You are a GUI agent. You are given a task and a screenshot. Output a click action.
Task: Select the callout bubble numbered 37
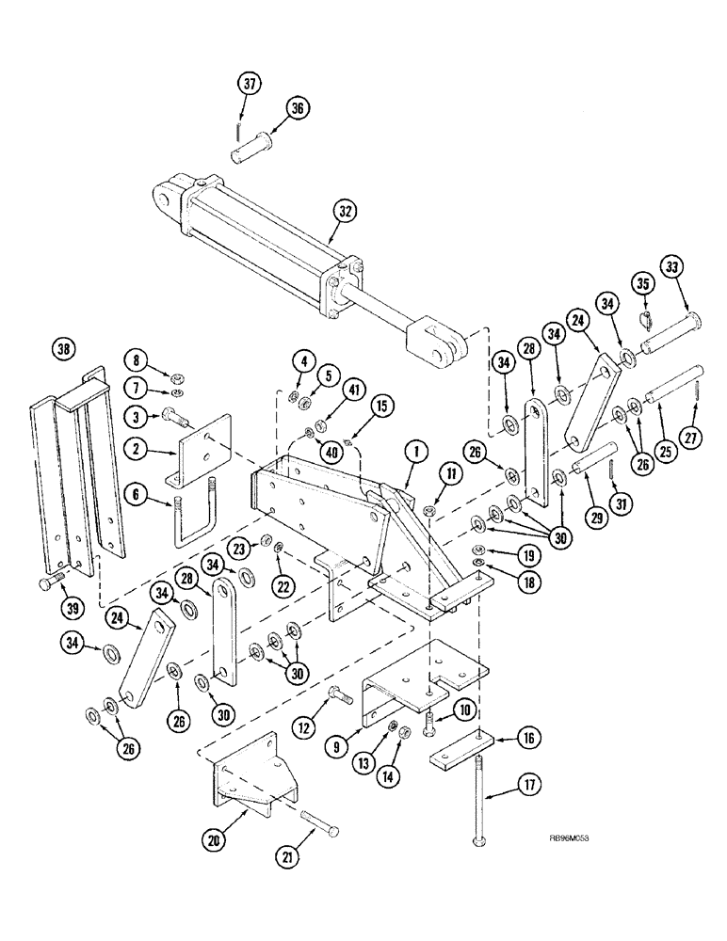[x=248, y=86]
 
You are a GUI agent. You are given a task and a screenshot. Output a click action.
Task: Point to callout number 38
[x=65, y=350]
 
